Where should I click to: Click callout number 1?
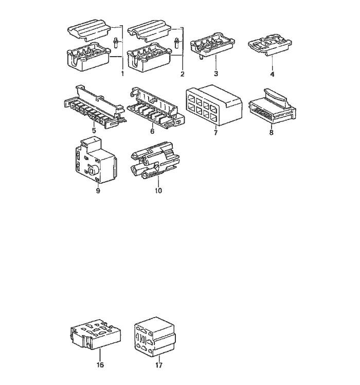(x=122, y=74)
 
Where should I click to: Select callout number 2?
(x=182, y=74)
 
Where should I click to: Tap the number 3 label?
(x=216, y=74)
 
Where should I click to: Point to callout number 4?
(x=272, y=74)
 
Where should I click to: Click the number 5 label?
(x=94, y=130)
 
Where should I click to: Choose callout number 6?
(x=152, y=131)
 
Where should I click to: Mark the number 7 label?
(x=215, y=133)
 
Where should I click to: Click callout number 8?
(x=271, y=132)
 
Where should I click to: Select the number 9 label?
(x=98, y=190)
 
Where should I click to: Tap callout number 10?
(x=158, y=190)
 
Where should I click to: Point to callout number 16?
(x=100, y=365)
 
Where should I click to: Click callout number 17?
(x=159, y=365)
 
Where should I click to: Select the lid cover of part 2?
(x=149, y=31)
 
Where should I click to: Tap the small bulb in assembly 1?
(x=116, y=43)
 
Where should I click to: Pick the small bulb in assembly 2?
(x=177, y=43)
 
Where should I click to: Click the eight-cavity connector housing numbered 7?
(x=214, y=105)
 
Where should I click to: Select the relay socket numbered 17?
(x=155, y=337)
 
